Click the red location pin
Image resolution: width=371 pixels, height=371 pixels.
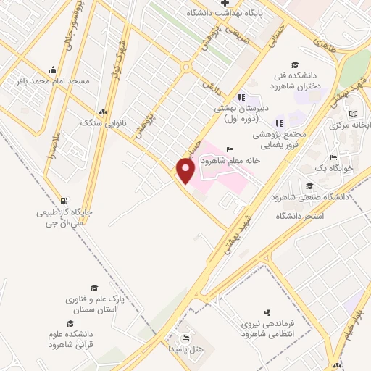point(186,170)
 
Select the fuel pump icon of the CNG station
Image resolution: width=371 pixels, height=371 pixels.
point(65,201)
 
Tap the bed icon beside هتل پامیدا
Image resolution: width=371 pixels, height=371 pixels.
point(185,338)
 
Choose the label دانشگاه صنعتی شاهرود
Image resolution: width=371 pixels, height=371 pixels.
point(310,197)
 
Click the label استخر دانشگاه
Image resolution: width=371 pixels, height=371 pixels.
point(300,217)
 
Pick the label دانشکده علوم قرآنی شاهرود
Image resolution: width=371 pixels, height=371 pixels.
point(72,339)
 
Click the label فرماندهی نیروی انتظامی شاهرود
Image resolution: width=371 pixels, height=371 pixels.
point(279,330)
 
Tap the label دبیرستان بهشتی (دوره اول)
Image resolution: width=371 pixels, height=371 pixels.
point(241,113)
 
